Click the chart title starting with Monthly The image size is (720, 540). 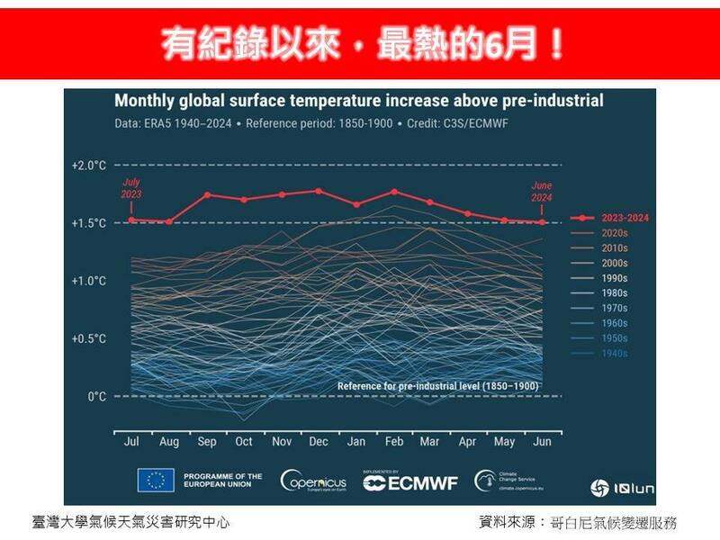[x=358, y=101]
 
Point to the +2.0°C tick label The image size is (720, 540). [x=89, y=166]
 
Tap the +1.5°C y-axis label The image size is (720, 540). [x=89, y=223]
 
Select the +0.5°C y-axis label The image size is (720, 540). [x=89, y=339]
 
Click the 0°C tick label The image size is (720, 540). [x=96, y=397]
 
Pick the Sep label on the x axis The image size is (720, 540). [x=207, y=443]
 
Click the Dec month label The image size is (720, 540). [x=318, y=443]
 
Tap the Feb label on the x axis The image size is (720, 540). [x=393, y=443]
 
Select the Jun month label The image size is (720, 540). [x=542, y=443]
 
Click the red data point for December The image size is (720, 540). [x=319, y=191]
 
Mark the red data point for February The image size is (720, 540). [x=394, y=192]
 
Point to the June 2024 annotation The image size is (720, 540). [x=541, y=191]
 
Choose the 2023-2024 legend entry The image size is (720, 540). [x=611, y=218]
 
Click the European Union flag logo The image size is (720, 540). [x=156, y=481]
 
